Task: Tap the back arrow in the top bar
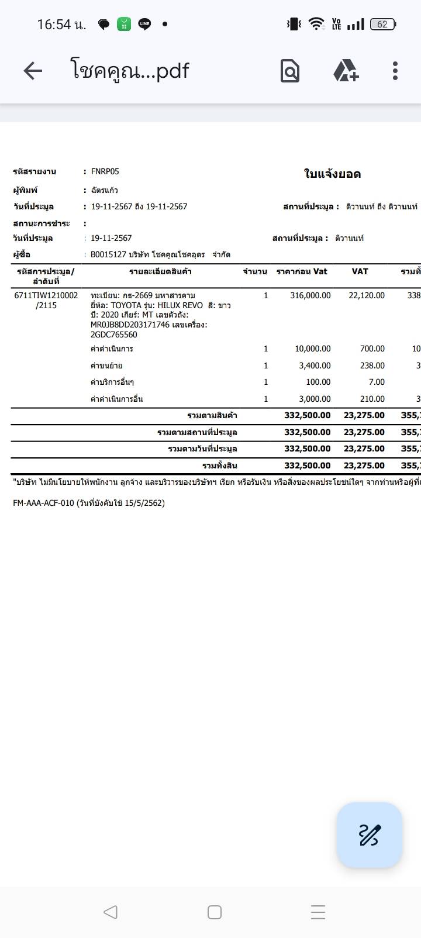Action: point(33,71)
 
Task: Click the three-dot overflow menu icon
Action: point(395,71)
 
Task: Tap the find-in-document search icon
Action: point(290,71)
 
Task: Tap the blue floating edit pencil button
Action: point(369,834)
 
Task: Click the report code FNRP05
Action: point(105,171)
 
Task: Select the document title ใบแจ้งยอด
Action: point(332,174)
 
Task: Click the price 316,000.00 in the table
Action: point(310,295)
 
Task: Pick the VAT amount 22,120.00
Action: point(367,295)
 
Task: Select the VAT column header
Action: point(360,271)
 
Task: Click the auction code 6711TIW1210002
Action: point(46,295)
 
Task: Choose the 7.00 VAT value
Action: point(377,382)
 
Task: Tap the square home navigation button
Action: point(215,912)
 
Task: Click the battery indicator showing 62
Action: point(383,24)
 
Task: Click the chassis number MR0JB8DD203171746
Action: point(130,325)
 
